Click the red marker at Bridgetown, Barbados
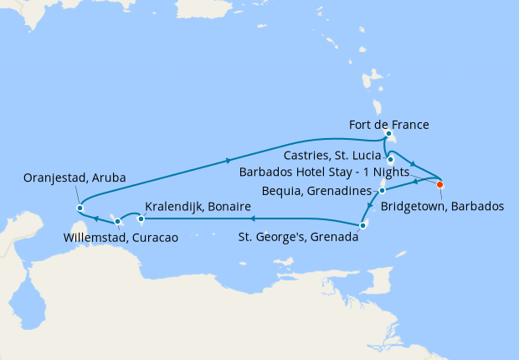coord(440,185)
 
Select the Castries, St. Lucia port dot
coord(391,158)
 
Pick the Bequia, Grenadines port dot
coord(382,191)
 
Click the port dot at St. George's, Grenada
coord(362,224)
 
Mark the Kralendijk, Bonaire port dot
coord(141,219)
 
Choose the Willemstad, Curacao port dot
coord(118,222)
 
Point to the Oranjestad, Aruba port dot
coord(80,208)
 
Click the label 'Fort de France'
coord(388,125)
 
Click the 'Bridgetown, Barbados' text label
coord(442,206)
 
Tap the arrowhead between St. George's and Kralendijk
coord(251,219)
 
